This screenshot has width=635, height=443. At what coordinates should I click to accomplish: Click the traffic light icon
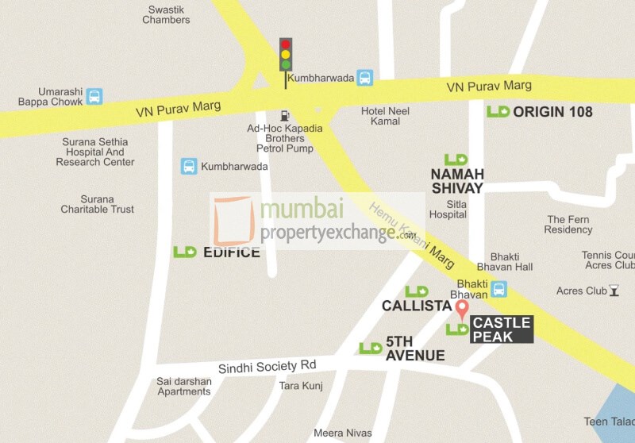pos(286,56)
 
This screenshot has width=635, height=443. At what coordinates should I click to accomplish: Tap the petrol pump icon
pos(285,116)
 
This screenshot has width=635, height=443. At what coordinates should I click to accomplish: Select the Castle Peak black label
pos(502,329)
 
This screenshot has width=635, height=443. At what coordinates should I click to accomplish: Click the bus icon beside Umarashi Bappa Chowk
pos(94,97)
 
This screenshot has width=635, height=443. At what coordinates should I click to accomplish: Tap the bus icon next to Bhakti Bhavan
pos(499,289)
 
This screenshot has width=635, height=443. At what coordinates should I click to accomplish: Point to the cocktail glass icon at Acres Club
pos(614,291)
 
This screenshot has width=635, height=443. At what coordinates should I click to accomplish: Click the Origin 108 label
pos(552,112)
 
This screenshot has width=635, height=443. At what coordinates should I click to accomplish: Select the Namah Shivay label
pos(456,181)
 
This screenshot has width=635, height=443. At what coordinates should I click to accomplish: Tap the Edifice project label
pos(231,252)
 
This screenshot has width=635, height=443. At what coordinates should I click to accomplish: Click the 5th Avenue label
pos(414,349)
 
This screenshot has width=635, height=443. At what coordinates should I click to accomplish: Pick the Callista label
pos(416,306)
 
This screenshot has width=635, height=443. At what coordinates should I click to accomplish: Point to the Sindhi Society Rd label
pos(267,367)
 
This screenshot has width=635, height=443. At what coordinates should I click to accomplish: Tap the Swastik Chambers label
pos(166,14)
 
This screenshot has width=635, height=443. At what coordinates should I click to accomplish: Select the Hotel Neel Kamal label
pos(385,117)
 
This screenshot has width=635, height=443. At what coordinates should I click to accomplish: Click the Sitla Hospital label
pos(448,209)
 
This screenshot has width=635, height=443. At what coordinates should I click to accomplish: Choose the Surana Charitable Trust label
pos(97,204)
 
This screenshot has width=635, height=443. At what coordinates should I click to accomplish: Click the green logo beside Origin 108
pos(498,112)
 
